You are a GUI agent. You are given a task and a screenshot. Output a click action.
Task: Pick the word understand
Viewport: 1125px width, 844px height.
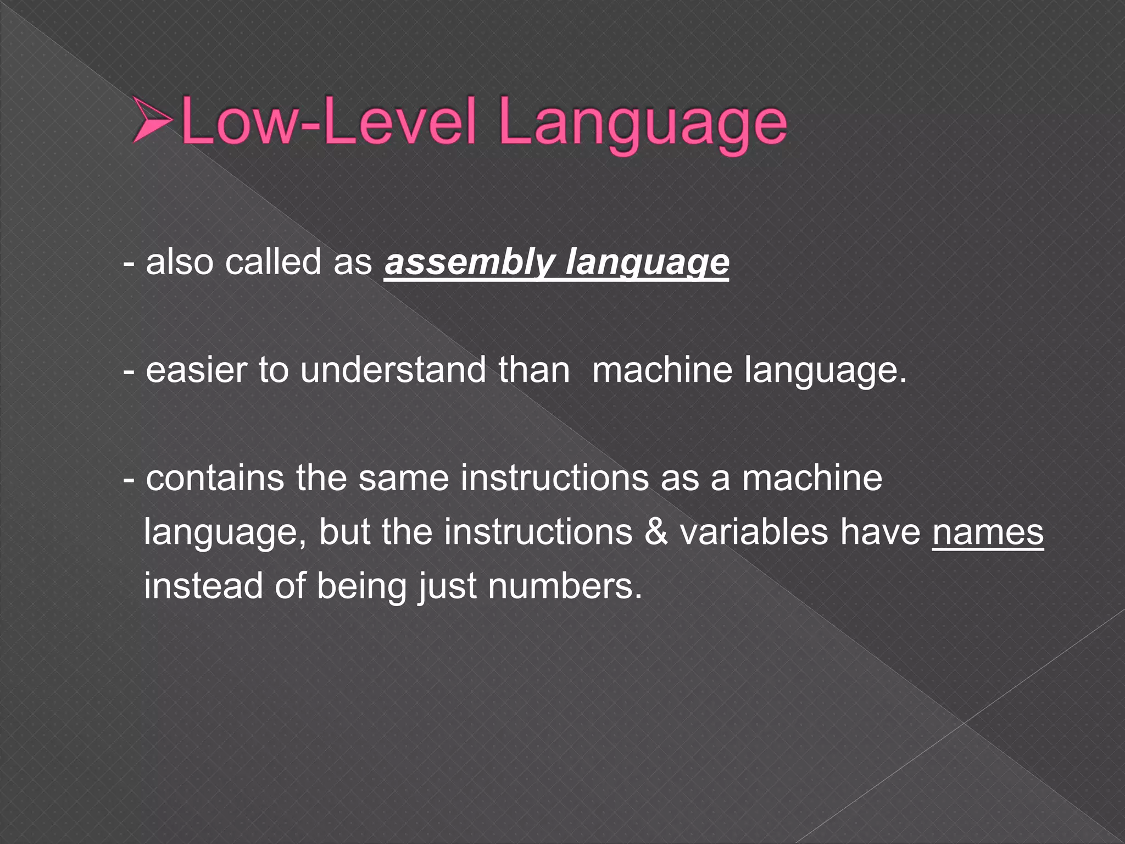pyautogui.click(x=393, y=370)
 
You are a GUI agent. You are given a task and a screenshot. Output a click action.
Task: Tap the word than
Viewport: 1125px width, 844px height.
pyautogui.click(x=534, y=370)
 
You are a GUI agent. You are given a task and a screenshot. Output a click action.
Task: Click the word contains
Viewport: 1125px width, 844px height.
pyautogui.click(x=215, y=478)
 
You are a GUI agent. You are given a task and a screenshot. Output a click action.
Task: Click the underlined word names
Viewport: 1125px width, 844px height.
pyautogui.click(x=988, y=532)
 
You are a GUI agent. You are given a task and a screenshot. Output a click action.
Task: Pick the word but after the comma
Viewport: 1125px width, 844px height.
pyautogui.click(x=344, y=532)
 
